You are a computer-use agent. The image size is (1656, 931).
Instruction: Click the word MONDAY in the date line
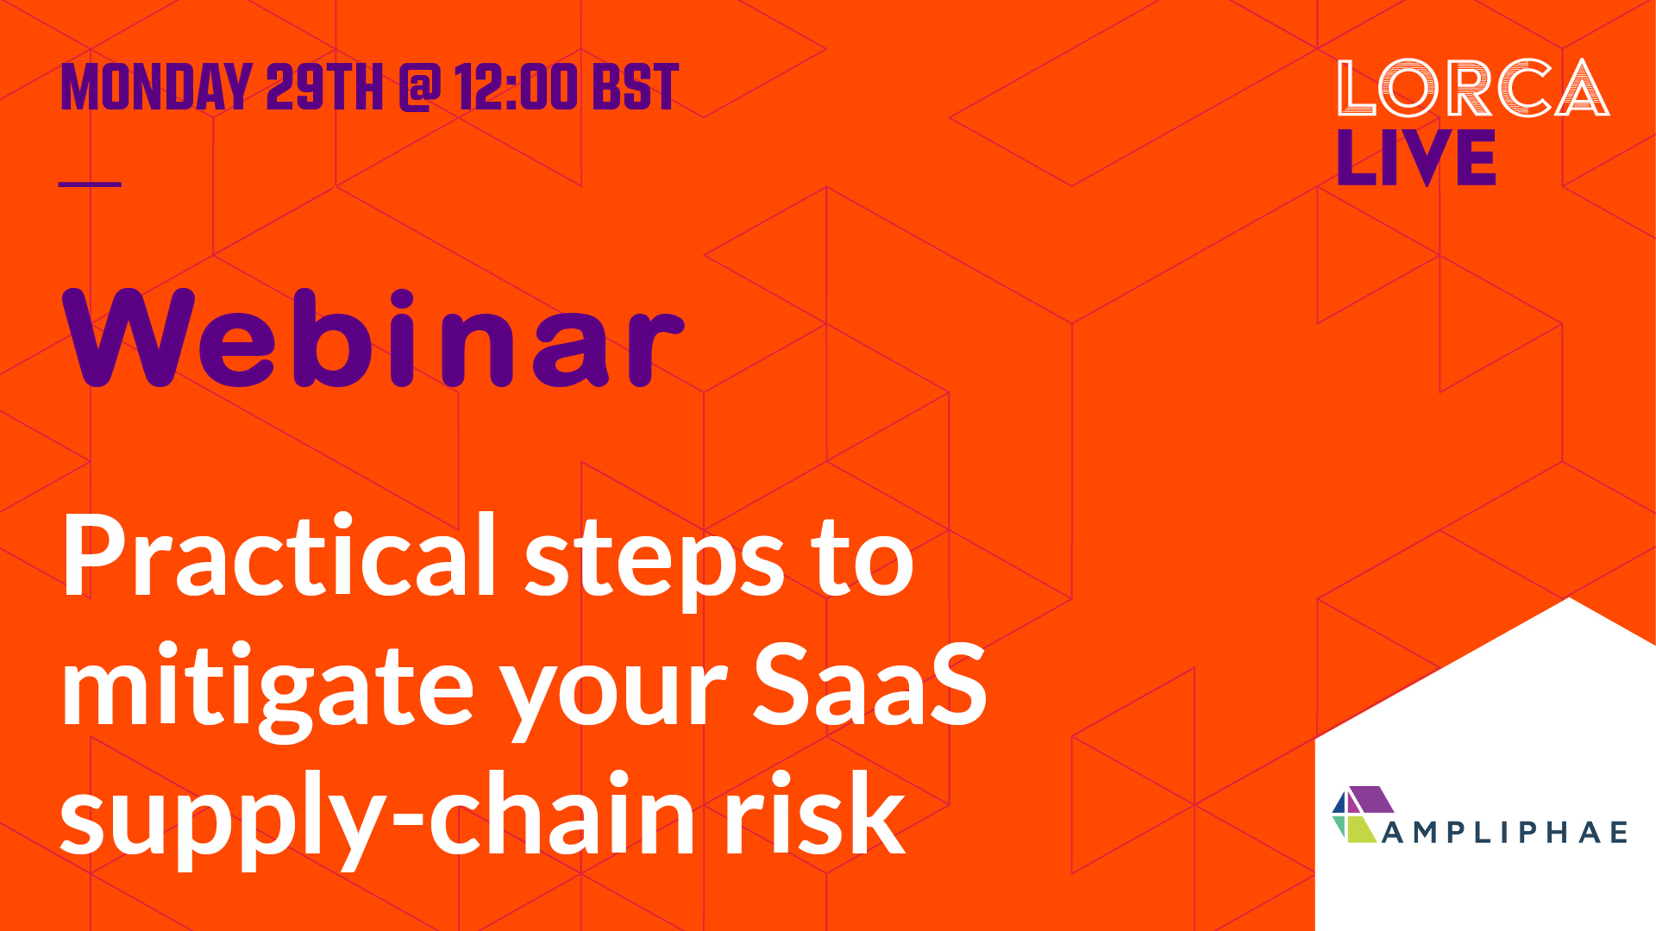tap(155, 88)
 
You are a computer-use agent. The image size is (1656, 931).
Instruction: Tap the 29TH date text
tap(323, 88)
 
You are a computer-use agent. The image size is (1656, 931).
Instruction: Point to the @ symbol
tap(420, 88)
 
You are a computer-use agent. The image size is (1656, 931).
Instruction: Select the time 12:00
tap(516, 88)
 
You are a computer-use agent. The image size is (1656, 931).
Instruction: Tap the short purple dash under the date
tap(90, 184)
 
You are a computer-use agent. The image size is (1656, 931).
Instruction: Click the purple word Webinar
tap(373, 338)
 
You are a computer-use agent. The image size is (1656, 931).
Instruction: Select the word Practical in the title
tap(279, 556)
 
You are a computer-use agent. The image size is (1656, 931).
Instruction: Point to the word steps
tap(655, 560)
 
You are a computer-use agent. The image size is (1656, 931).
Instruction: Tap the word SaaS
tap(869, 685)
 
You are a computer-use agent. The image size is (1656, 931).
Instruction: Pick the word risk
tap(815, 813)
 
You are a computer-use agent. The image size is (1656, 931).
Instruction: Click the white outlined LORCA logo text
tap(1473, 88)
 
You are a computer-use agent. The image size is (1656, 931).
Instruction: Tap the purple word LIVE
tap(1415, 158)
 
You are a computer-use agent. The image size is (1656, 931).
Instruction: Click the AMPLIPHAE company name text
tap(1505, 832)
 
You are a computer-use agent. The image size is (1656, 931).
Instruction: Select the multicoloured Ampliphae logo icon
tap(1363, 815)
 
